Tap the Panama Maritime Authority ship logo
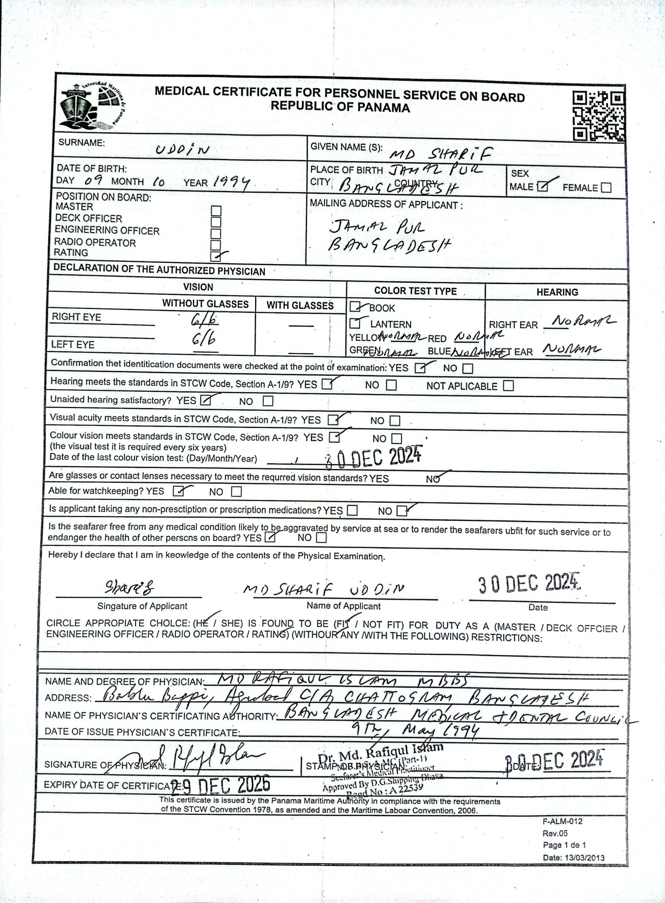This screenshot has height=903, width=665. pyautogui.click(x=91, y=107)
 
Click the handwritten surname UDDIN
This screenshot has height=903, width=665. pyautogui.click(x=182, y=150)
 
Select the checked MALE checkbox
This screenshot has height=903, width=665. pyautogui.click(x=543, y=187)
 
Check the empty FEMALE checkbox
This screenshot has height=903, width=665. pyautogui.click(x=605, y=188)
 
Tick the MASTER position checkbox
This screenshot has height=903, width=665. pyautogui.click(x=216, y=211)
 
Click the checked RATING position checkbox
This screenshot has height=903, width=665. pyautogui.click(x=216, y=256)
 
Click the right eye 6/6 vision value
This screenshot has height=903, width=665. pyautogui.click(x=204, y=320)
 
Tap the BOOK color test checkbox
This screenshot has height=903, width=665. pyautogui.click(x=355, y=307)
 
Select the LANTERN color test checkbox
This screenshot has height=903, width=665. pyautogui.click(x=355, y=323)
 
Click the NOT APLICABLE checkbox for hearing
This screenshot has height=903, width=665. pyautogui.click(x=509, y=386)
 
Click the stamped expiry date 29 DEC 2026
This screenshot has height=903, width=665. pyautogui.click(x=221, y=784)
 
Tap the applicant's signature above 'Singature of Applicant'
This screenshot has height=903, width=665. pyautogui.click(x=130, y=588)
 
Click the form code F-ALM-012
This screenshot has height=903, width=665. pyautogui.click(x=562, y=821)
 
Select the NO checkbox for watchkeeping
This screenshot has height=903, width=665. pyautogui.click(x=237, y=492)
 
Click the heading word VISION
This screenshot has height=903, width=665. pyautogui.click(x=198, y=287)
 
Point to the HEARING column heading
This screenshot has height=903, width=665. pyautogui.click(x=557, y=292)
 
